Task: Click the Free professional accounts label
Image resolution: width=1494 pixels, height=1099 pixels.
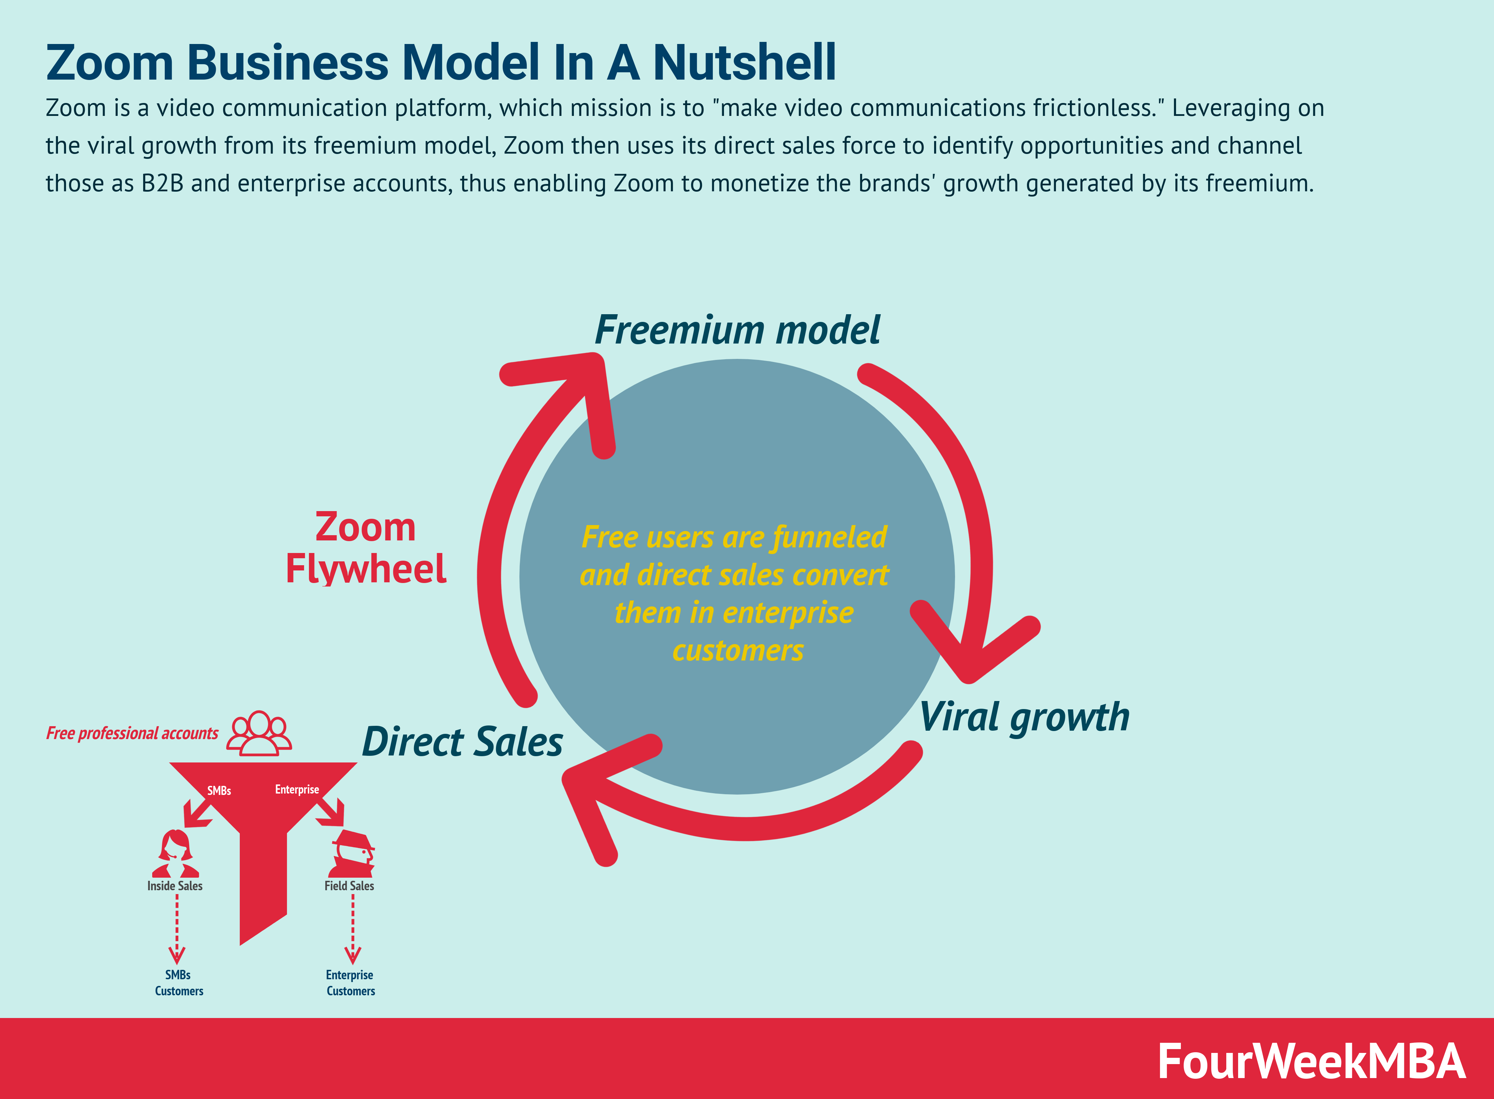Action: [132, 733]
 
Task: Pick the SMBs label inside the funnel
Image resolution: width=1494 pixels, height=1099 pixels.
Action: [219, 790]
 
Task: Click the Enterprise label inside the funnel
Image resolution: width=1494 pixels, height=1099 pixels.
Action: [297, 790]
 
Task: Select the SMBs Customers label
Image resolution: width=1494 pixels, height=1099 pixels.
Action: [178, 983]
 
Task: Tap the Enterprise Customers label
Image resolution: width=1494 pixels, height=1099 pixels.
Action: [350, 983]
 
